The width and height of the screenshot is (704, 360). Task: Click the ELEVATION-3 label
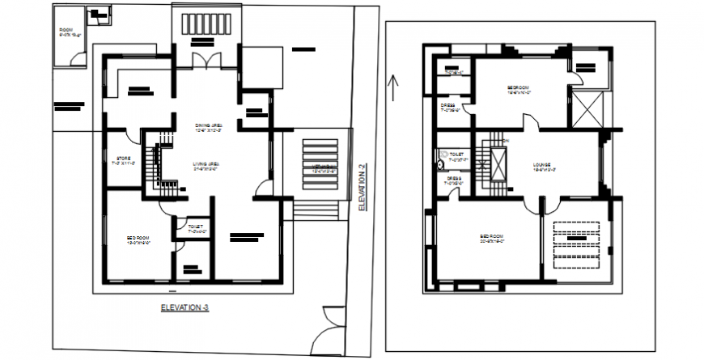[185, 307]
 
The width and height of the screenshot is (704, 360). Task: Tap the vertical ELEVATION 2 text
[363, 187]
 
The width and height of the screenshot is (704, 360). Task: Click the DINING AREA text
[207, 128]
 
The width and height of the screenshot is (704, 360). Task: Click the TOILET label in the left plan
[195, 228]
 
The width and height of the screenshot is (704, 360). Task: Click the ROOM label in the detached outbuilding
[66, 32]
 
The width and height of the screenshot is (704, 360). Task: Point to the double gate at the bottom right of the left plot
[329, 332]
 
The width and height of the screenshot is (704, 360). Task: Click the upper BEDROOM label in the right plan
[518, 89]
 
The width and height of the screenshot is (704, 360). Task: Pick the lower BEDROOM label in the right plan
[491, 239]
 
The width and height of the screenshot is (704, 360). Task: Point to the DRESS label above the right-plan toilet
[448, 107]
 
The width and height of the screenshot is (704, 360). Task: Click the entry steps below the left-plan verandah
[316, 211]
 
